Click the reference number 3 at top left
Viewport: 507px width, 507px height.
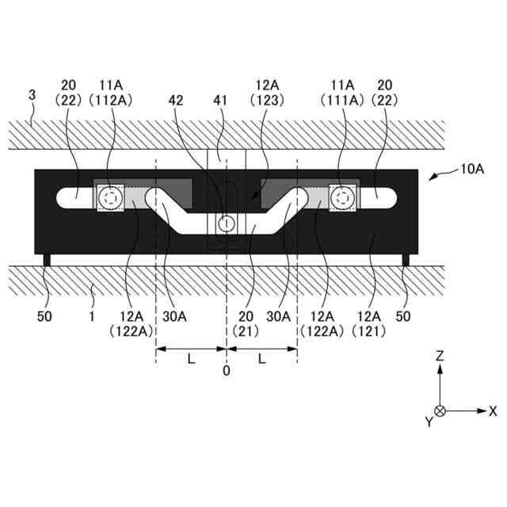tap(32, 95)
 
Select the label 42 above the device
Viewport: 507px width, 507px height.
tap(176, 100)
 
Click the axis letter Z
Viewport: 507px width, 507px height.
tap(440, 357)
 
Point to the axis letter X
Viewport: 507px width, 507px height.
tap(493, 411)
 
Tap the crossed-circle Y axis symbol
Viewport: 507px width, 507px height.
tap(440, 411)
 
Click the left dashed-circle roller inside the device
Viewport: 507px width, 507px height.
tap(109, 198)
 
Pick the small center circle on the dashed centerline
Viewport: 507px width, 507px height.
tap(227, 223)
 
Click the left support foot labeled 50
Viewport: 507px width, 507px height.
tap(48, 260)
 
